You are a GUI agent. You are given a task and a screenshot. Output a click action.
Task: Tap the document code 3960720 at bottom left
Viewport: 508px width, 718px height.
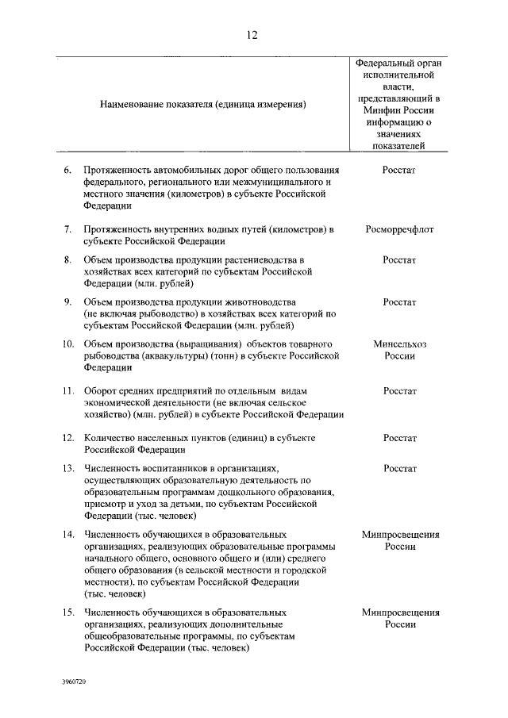coord(74,681)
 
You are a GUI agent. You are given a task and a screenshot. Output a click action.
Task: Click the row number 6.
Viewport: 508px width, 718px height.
coord(68,170)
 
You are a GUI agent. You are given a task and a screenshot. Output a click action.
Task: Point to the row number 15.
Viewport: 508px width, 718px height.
coord(68,612)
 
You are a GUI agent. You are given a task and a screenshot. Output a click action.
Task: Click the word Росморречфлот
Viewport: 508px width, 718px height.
coord(399,230)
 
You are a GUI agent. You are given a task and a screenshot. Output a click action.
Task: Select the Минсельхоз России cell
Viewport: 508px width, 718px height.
coord(399,350)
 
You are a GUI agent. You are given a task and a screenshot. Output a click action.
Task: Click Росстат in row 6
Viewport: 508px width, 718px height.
coord(399,170)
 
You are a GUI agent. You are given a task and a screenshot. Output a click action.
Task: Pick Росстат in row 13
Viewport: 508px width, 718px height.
coord(399,469)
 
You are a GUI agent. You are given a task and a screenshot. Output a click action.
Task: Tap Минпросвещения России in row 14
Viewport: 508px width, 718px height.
coord(399,540)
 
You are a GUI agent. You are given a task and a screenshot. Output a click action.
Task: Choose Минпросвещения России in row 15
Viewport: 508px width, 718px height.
coord(399,618)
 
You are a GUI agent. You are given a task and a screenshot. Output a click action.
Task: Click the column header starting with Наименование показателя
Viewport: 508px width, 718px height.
coord(203,104)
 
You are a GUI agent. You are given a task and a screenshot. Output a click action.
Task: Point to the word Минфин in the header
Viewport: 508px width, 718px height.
coord(374,111)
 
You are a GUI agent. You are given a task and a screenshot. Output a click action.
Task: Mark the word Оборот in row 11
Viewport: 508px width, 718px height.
coord(99,391)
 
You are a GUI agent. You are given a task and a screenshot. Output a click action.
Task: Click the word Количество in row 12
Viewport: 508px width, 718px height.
coord(108,438)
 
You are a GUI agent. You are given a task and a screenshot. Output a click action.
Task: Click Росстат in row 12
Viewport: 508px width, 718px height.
coord(399,438)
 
